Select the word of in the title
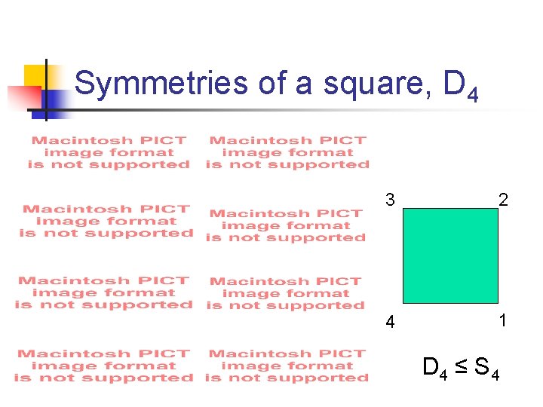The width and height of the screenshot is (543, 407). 272,83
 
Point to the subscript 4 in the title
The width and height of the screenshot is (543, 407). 472,95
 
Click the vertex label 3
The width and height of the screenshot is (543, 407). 389,200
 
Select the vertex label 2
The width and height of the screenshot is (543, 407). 503,200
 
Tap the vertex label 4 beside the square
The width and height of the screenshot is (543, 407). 389,323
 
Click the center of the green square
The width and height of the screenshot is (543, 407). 451,256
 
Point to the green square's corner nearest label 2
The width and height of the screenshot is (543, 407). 498,210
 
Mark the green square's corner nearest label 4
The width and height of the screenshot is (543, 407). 404,302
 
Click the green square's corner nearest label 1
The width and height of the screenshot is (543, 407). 498,302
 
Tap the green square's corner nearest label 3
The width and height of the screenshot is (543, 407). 404,210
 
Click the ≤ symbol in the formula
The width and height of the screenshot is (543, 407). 460,368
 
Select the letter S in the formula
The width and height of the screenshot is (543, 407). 480,367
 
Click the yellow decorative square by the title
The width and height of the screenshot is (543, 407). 34,76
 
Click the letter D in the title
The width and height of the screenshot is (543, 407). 454,83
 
